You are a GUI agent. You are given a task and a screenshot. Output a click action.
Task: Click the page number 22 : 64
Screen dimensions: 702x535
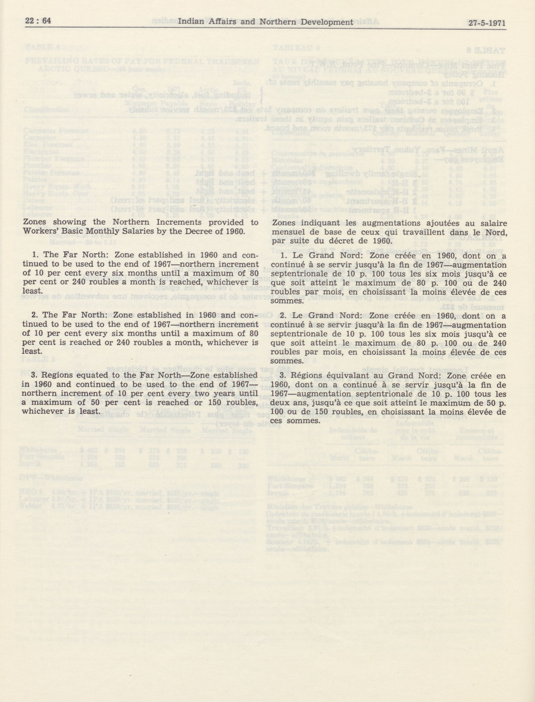[38, 21]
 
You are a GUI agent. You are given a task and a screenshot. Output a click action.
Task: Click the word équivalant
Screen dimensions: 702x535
[345, 376]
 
